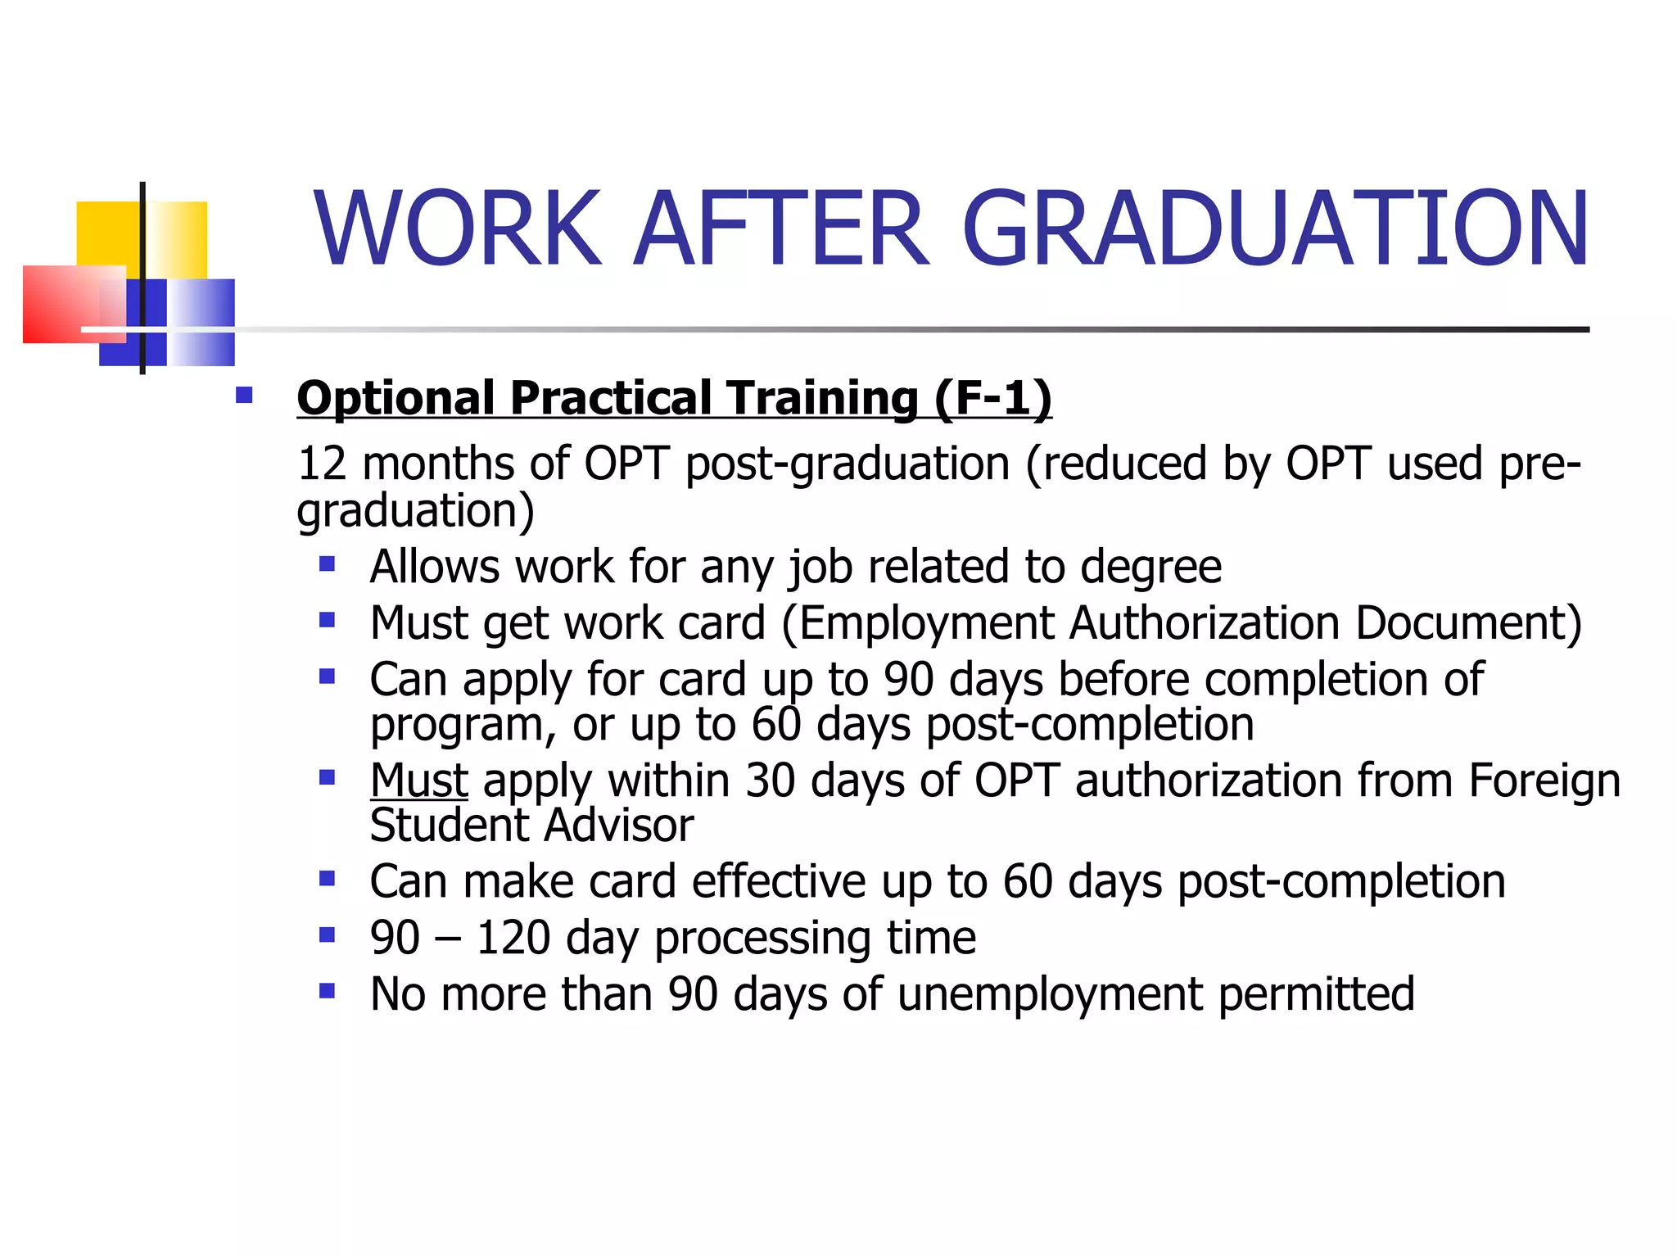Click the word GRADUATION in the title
click(1275, 229)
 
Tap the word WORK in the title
click(457, 229)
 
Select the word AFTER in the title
click(781, 229)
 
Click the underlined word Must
click(418, 780)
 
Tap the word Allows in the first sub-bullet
click(434, 567)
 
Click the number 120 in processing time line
click(513, 938)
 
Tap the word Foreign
click(1544, 780)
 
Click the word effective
click(778, 881)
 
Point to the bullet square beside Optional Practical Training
click(244, 396)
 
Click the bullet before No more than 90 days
click(327, 991)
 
